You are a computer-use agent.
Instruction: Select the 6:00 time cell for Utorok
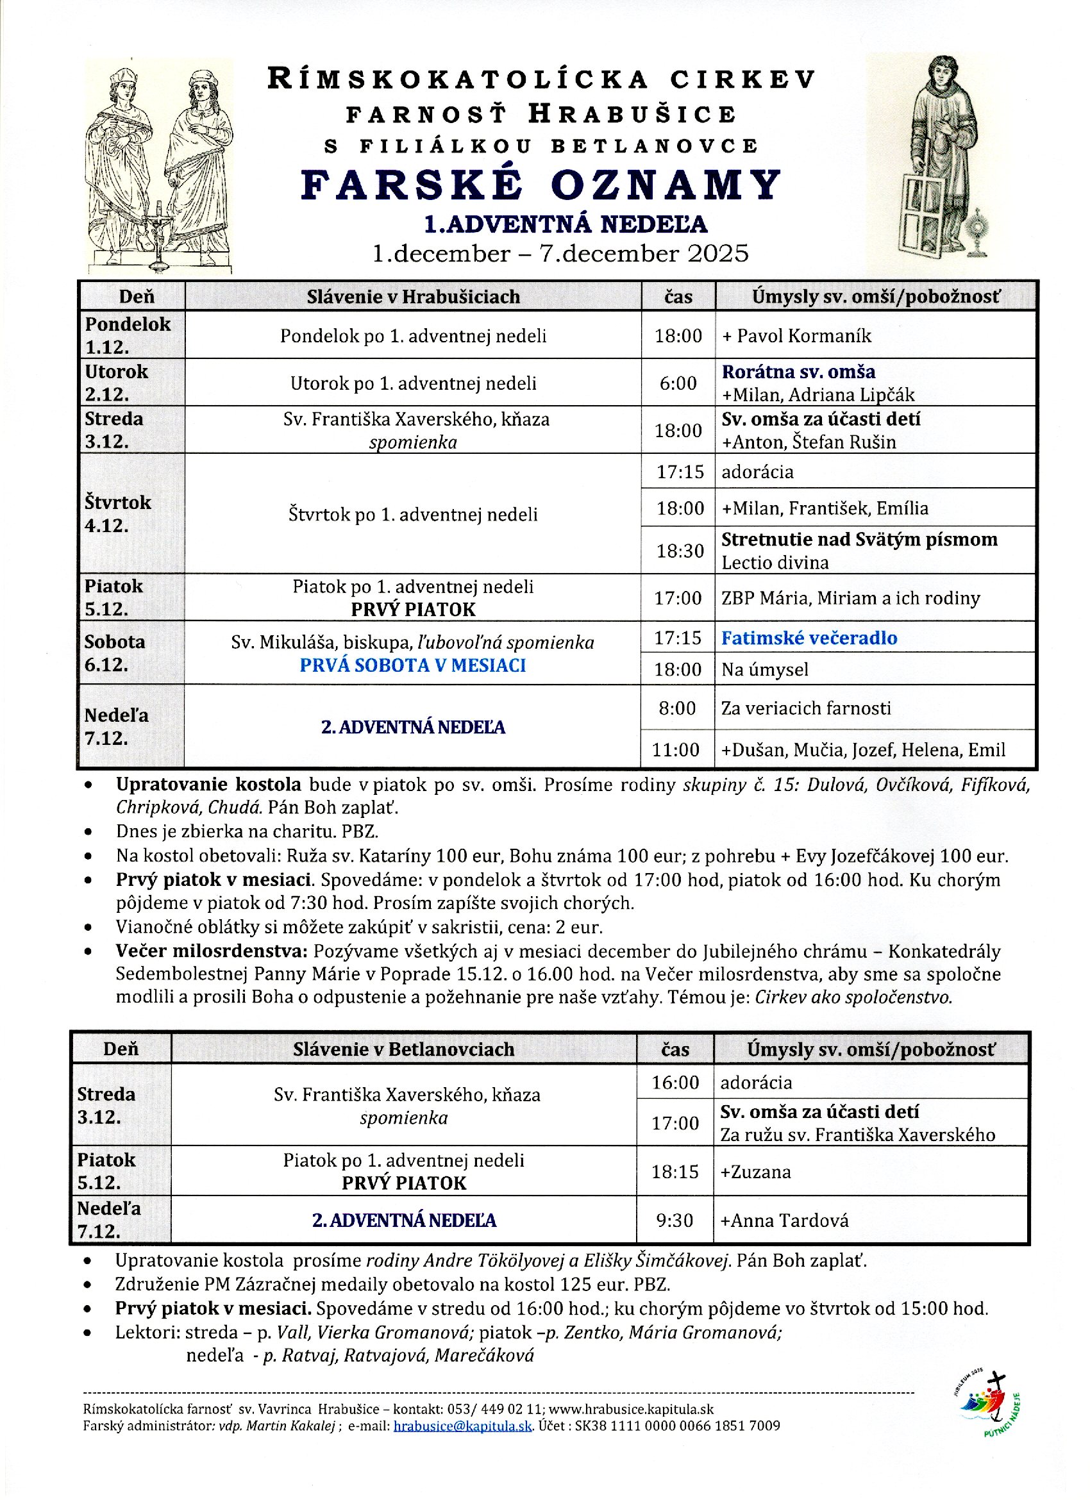pos(678,383)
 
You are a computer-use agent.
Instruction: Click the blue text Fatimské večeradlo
pos(809,638)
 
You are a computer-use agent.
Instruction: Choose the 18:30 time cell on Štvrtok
pos(679,550)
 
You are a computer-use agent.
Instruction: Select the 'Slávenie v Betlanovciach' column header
pos(403,1049)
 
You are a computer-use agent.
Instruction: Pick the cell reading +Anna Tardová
pos(784,1221)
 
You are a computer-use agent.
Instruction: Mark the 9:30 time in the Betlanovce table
pos(675,1221)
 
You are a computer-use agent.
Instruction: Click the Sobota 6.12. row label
pos(114,653)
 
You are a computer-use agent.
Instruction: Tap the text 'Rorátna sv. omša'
pos(798,372)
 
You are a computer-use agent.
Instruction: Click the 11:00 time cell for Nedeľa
pos(675,749)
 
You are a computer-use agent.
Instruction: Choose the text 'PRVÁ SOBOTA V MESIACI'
pos(413,665)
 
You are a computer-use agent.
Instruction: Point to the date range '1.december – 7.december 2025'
pos(560,253)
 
